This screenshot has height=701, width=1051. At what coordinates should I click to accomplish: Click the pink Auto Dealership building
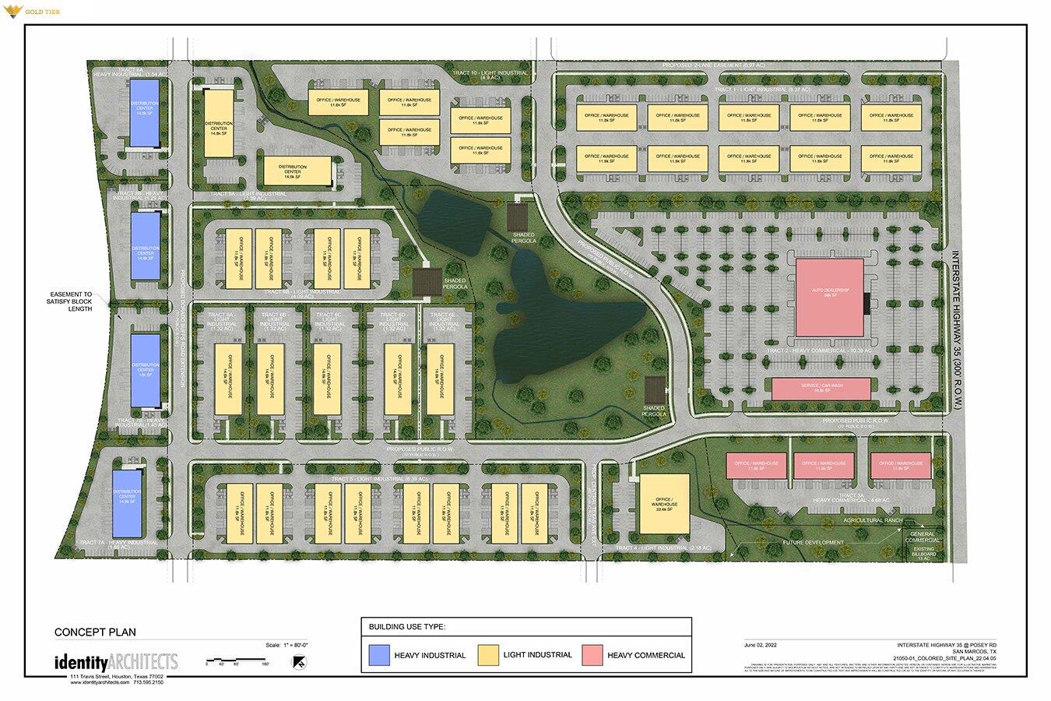click(829, 298)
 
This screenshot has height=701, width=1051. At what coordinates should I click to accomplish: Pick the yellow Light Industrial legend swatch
click(487, 656)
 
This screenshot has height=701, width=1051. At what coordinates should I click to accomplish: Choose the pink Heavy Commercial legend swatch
click(592, 656)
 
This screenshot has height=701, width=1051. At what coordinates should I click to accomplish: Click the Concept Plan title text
click(89, 632)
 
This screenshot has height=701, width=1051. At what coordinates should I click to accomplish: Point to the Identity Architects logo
click(115, 663)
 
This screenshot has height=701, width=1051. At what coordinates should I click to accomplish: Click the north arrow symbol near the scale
click(297, 662)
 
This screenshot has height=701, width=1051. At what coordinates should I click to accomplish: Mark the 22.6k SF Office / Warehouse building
click(664, 502)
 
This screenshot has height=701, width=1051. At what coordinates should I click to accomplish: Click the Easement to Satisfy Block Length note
click(69, 301)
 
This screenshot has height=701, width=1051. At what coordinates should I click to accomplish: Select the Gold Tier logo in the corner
click(30, 12)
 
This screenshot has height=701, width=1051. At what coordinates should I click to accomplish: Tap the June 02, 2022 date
click(761, 645)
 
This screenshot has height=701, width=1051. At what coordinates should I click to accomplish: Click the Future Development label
click(813, 543)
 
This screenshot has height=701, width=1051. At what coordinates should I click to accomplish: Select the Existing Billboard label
click(924, 553)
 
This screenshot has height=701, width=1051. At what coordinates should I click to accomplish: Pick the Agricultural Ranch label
click(872, 520)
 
